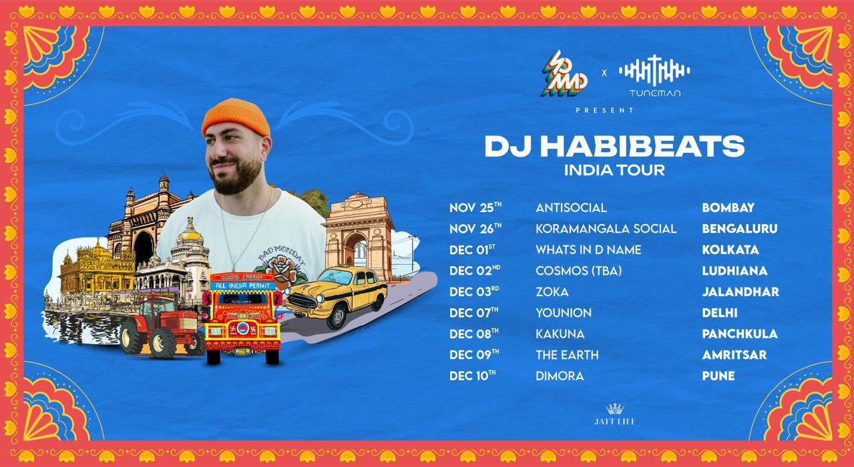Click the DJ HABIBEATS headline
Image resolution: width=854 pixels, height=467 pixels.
point(614,146)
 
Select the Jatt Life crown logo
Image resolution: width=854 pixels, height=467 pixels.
point(614,409)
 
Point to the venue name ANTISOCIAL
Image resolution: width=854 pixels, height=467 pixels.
point(571,207)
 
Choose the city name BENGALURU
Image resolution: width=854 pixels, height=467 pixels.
point(739,229)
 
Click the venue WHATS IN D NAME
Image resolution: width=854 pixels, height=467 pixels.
point(588,250)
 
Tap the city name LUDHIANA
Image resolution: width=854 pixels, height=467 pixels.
point(734,271)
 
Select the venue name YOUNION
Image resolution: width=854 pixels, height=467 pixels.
point(564,313)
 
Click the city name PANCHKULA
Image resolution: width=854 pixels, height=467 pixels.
point(740,334)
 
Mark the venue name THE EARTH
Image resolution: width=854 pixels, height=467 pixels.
point(567,355)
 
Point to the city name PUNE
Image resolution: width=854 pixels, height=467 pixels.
point(718,376)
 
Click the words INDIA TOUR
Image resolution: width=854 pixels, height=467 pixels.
point(614,169)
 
